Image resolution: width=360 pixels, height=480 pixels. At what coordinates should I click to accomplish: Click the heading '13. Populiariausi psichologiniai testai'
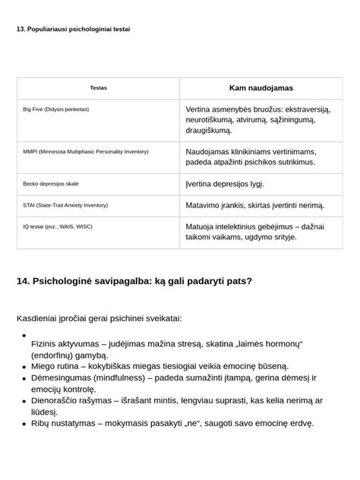[x=73, y=29]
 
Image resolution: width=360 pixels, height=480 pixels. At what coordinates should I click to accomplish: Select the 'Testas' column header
[x=98, y=88]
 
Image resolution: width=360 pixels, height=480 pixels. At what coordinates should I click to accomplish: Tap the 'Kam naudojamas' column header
[x=261, y=88]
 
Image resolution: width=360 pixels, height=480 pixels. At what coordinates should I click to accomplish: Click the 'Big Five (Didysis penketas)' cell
[x=56, y=109]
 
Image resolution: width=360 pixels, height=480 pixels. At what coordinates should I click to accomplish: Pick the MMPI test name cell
[x=86, y=152]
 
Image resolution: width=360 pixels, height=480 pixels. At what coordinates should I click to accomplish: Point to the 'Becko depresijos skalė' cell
[x=51, y=184]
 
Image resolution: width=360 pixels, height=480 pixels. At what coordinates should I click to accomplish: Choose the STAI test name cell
[x=65, y=205]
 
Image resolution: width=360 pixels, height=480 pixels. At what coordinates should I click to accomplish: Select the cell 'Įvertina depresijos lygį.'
[x=225, y=184]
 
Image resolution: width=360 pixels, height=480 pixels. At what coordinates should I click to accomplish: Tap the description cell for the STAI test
[x=254, y=205]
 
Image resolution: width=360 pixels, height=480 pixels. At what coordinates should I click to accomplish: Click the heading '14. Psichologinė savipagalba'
[x=134, y=281]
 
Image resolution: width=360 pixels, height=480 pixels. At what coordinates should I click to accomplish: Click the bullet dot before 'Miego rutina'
[x=24, y=366]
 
